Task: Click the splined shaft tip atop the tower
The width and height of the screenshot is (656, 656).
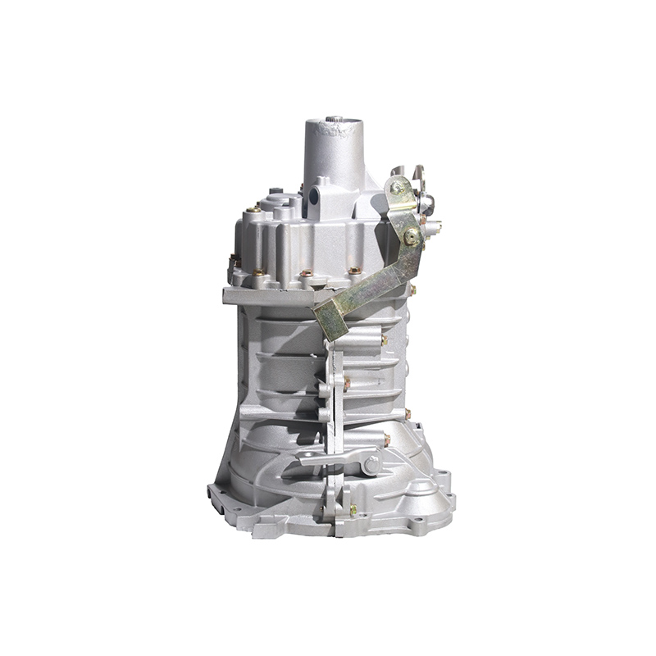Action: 334,123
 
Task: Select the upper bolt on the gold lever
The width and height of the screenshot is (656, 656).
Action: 397,188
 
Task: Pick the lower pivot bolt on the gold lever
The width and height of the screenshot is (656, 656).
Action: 411,237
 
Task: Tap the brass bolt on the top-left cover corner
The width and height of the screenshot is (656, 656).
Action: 255,209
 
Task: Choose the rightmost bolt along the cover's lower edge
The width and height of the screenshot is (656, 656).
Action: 354,270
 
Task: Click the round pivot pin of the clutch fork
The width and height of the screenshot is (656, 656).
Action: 371,464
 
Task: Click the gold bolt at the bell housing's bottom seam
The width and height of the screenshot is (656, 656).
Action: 353,511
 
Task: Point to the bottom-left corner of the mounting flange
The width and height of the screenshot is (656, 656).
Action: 215,500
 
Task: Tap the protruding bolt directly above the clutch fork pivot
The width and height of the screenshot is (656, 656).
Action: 385,440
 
